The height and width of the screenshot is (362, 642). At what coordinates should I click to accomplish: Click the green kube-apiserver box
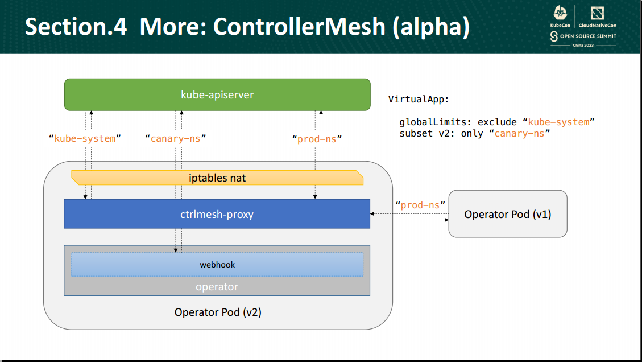point(217,94)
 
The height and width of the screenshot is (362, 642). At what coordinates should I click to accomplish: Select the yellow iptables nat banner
point(217,178)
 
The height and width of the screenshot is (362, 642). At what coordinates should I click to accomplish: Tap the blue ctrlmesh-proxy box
point(217,214)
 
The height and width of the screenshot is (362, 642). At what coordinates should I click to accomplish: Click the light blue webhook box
point(217,265)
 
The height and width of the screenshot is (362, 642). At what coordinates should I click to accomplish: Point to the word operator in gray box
point(217,287)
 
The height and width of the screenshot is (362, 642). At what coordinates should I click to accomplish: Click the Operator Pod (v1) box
point(507,214)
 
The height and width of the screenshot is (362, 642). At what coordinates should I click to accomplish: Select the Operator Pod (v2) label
point(218,312)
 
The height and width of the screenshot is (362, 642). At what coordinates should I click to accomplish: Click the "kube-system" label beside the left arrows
point(85,138)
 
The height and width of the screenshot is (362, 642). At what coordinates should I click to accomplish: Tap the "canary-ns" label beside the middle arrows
point(175,138)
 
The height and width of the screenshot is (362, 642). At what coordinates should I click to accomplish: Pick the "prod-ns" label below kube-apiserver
point(316,138)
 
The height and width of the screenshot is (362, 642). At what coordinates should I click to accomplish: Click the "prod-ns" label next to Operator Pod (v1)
point(420,205)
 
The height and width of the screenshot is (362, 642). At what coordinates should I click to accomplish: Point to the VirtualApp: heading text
point(419,100)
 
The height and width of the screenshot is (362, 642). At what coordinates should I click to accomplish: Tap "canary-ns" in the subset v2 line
point(519,134)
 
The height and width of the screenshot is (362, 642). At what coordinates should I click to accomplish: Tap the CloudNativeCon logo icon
point(597,13)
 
